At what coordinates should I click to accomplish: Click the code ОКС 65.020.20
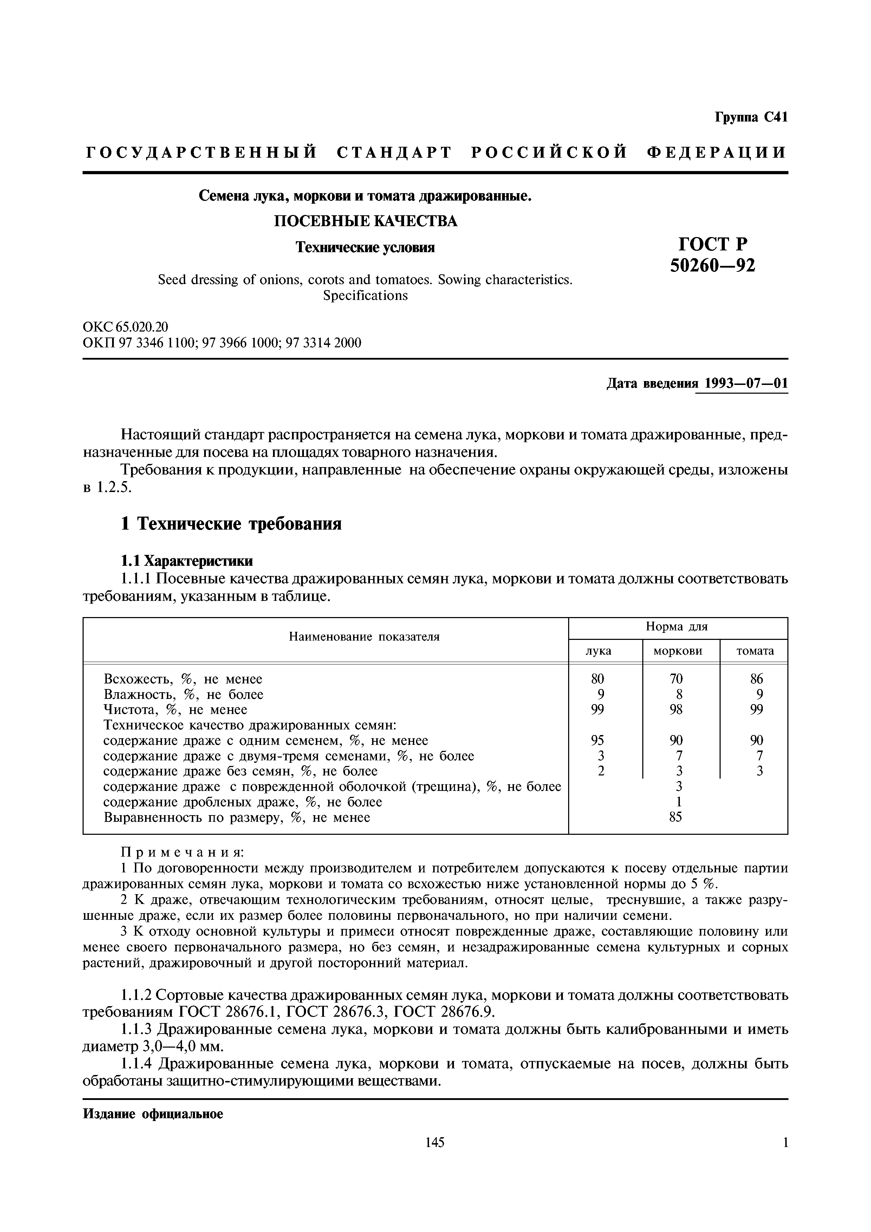pos(125,327)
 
